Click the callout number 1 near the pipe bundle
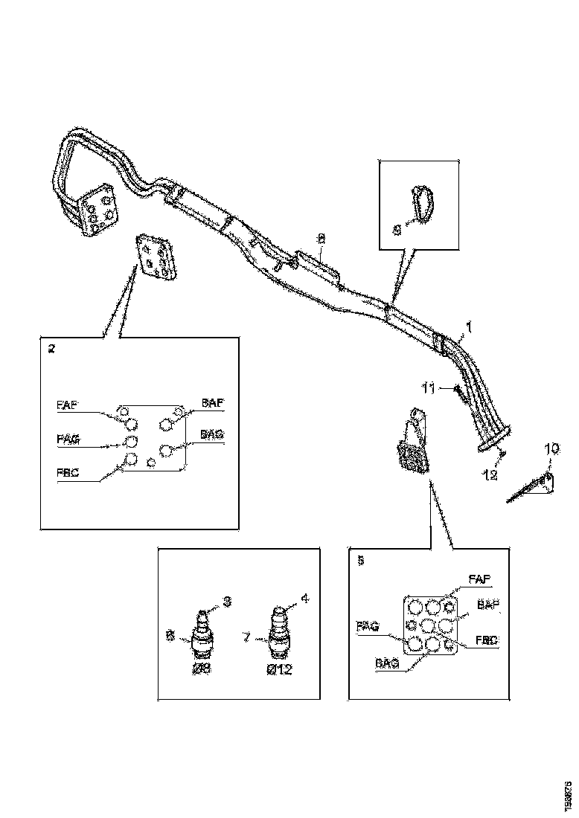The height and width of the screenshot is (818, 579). point(469,325)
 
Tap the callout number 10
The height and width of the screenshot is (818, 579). point(551,448)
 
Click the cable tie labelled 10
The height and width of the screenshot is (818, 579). point(530,488)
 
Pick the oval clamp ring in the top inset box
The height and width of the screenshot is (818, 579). point(421,204)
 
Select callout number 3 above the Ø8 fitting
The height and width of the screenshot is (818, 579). point(227,601)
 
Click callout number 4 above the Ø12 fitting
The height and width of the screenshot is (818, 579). point(304,598)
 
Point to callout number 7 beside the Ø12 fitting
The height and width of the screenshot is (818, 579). point(247,637)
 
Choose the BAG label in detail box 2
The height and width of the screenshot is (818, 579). point(212,434)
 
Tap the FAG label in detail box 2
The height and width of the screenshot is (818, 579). point(68,439)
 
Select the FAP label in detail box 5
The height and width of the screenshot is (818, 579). point(479,577)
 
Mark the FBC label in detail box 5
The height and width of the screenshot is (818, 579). point(487,639)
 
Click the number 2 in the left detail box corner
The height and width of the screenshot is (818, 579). point(51,349)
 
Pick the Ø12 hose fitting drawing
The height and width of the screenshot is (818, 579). point(277,632)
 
